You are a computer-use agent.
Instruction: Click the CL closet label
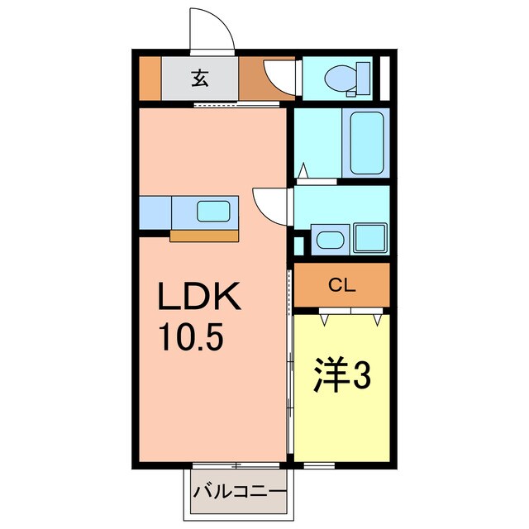(x=341, y=287)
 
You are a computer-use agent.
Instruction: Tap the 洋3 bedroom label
(x=341, y=378)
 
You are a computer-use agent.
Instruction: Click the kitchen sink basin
(x=214, y=212)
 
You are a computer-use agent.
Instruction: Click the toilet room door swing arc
(x=279, y=76)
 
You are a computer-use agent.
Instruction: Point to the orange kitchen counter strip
(x=204, y=236)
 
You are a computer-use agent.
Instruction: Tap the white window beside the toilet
(x=384, y=79)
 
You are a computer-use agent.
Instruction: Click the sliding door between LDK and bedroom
(x=290, y=364)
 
